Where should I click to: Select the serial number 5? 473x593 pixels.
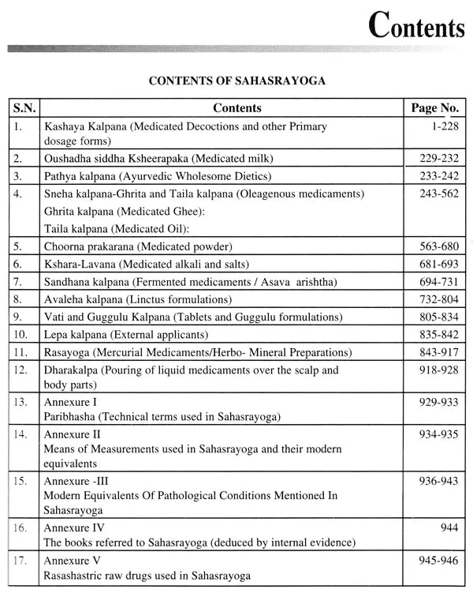pos(17,247)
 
